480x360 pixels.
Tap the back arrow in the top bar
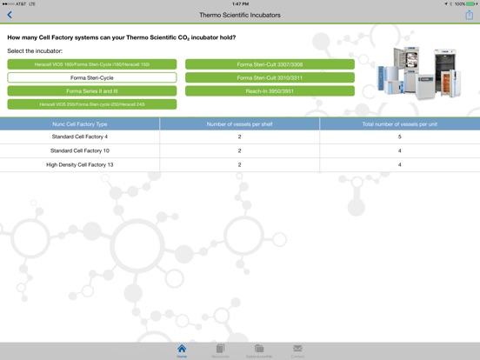(x=10, y=15)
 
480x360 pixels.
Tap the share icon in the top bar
(x=470, y=15)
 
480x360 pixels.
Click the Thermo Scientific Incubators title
(x=240, y=15)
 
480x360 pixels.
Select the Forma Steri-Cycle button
(x=92, y=77)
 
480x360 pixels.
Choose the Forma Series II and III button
(x=92, y=90)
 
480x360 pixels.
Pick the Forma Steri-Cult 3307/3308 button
(x=270, y=64)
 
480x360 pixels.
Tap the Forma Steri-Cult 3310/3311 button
(x=270, y=77)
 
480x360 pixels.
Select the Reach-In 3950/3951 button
(x=270, y=90)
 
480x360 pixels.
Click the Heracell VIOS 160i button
(x=92, y=64)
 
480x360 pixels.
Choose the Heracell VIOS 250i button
(x=92, y=104)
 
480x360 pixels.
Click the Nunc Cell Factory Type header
(x=80, y=124)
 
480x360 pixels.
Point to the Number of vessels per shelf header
(x=240, y=124)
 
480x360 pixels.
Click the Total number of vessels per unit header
(x=399, y=124)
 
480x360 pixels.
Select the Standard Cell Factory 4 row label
(x=80, y=137)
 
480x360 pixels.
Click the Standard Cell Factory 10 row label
(x=80, y=150)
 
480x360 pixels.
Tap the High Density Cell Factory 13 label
(x=80, y=164)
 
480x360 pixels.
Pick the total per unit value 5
(x=399, y=137)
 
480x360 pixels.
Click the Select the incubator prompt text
(x=35, y=51)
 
